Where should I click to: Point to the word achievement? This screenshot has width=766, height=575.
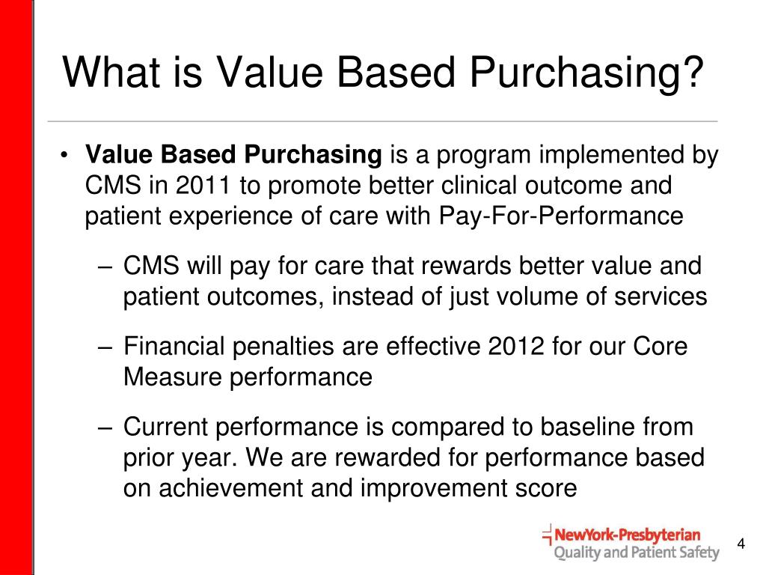click(230, 487)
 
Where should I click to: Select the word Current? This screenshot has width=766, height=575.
click(167, 428)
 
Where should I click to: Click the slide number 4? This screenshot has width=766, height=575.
click(741, 544)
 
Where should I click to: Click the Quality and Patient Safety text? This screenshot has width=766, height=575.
click(636, 554)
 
